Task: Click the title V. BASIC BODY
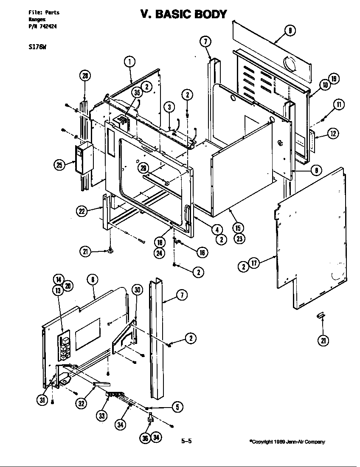pos(183,14)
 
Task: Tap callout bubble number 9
pos(290,30)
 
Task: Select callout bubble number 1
pos(129,62)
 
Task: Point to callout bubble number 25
pos(59,165)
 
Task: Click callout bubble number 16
pos(202,253)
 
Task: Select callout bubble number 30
pos(137,290)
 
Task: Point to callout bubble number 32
pos(82,404)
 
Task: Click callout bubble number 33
pos(102,416)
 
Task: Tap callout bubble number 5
pos(178,407)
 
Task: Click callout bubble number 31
pos(42,400)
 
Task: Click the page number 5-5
pos(187,441)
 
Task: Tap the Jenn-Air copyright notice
pos(287,442)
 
